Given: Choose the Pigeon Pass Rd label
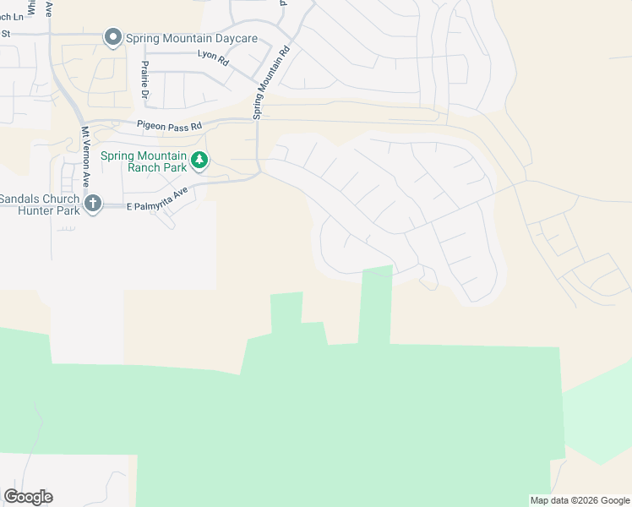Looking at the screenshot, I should point(170,126).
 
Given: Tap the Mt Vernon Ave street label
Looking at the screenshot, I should point(85,157).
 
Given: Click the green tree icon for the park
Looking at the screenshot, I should point(199,160).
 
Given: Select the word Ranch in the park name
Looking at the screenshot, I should point(145,167).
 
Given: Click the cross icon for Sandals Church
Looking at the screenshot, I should point(93,203).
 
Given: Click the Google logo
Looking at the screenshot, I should point(28,497).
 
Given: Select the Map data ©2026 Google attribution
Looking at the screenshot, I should point(579,500).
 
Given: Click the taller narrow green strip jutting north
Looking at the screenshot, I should point(374,304).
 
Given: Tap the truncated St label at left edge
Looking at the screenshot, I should point(5,34).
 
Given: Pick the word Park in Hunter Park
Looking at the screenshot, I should point(66,210).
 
